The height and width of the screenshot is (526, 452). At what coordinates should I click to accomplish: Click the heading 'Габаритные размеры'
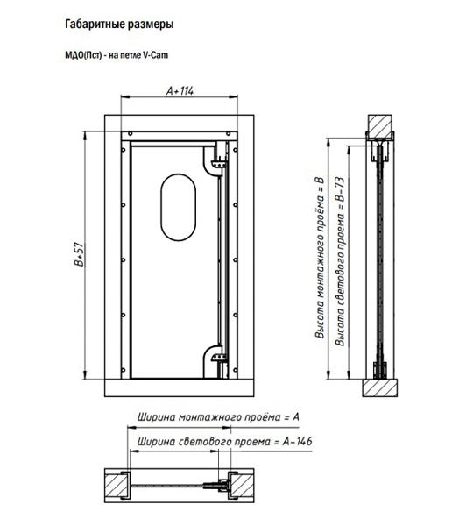coord(119,25)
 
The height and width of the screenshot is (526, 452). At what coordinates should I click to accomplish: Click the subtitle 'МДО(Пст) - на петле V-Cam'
coord(117,54)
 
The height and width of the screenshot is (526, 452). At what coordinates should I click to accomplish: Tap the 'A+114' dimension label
coord(180,90)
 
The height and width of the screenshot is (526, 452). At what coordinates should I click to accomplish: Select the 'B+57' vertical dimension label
coord(79,254)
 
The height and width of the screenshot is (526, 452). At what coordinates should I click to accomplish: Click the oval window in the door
coord(178,207)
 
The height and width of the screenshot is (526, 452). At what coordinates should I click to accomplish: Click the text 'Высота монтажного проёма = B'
coord(320,257)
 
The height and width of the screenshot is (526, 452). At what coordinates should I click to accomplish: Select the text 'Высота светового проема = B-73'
coord(340,261)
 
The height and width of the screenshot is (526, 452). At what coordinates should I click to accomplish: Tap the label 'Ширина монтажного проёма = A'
coord(218,417)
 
